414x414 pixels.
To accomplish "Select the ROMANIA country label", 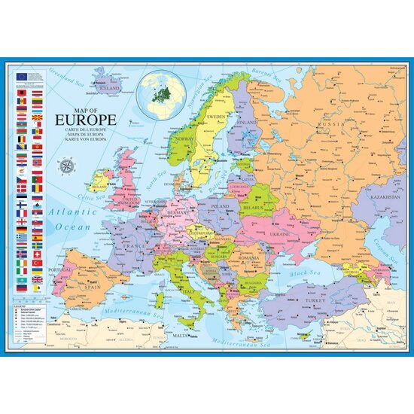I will pyautogui.click(x=250, y=258).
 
